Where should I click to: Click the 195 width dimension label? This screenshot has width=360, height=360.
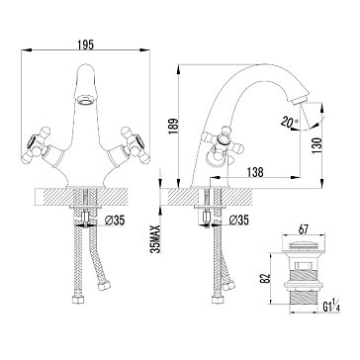[86, 45]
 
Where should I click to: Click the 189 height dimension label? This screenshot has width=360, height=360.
[173, 126]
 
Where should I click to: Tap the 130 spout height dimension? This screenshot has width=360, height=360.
[316, 146]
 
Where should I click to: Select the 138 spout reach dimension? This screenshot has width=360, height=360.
[255, 172]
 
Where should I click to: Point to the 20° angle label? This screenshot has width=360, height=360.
[289, 123]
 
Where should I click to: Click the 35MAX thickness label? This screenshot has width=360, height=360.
[155, 238]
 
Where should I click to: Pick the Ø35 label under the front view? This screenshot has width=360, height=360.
[115, 221]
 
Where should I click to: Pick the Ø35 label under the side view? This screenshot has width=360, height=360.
[238, 220]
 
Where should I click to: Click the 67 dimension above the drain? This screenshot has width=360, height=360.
[303, 230]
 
